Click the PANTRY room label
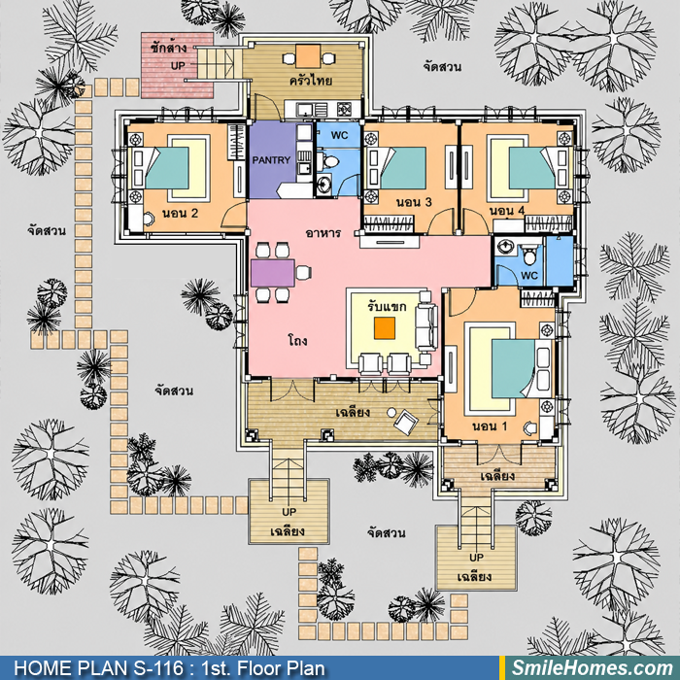(x=271, y=160)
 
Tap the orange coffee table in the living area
(x=385, y=328)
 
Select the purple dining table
(x=273, y=273)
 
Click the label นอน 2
(x=180, y=214)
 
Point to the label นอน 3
(x=414, y=202)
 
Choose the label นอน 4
(x=507, y=211)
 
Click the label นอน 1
(x=490, y=426)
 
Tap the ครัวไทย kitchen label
(x=311, y=81)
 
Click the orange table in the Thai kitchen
(x=308, y=56)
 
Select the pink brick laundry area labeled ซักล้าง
(x=177, y=65)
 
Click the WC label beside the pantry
(x=339, y=135)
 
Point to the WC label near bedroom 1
(x=529, y=275)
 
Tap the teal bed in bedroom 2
(x=167, y=168)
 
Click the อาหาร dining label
(x=323, y=233)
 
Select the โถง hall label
(x=297, y=340)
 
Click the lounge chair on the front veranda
(x=406, y=422)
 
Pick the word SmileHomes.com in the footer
(x=593, y=668)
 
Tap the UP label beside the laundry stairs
(x=178, y=66)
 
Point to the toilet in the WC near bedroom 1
(x=529, y=255)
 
